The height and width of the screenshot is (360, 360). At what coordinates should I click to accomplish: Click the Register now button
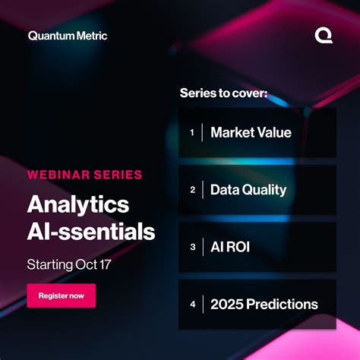pyautogui.click(x=62, y=295)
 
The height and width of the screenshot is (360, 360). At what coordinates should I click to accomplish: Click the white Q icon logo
pyautogui.click(x=323, y=35)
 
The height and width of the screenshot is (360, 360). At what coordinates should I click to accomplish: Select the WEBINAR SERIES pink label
pyautogui.click(x=84, y=175)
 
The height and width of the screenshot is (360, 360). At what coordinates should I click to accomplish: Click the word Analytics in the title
pyautogui.click(x=78, y=204)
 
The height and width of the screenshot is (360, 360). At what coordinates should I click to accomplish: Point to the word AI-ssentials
pyautogui.click(x=91, y=231)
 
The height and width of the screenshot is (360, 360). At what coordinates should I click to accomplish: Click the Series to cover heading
pyautogui.click(x=224, y=93)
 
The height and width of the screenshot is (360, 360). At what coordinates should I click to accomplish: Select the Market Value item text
pyautogui.click(x=251, y=133)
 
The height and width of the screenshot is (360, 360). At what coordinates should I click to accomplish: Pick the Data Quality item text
pyautogui.click(x=248, y=190)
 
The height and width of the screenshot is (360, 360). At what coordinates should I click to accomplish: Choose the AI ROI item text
pyautogui.click(x=230, y=247)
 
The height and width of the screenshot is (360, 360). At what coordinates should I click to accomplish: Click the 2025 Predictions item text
pyautogui.click(x=264, y=304)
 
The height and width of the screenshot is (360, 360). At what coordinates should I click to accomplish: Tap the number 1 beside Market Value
pyautogui.click(x=192, y=133)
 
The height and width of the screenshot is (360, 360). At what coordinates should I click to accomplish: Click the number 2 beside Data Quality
pyautogui.click(x=193, y=190)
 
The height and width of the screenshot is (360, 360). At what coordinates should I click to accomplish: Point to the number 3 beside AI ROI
pyautogui.click(x=193, y=247)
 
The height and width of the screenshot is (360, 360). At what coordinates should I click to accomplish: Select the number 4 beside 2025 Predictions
pyautogui.click(x=193, y=304)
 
